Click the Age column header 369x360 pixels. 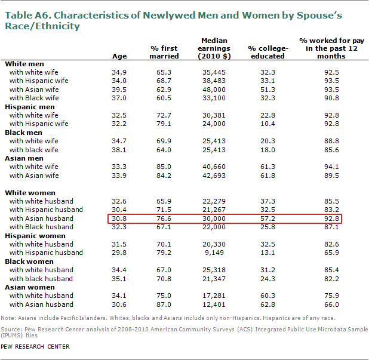tap(119, 56)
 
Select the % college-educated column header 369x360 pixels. tap(268, 52)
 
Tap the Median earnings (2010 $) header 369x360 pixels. tap(214, 48)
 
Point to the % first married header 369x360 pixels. tap(164, 52)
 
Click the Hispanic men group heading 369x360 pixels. tap(30, 107)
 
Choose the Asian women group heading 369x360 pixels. tap(30, 287)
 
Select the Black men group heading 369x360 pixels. tap(23, 133)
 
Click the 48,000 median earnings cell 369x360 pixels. tap(214, 90)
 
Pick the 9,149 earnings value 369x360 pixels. tap(214, 253)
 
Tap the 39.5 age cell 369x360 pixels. tap(119, 90)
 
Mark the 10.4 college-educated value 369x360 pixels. tap(267, 124)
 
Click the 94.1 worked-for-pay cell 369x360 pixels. tap(331, 167)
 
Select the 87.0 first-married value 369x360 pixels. tap(164, 304)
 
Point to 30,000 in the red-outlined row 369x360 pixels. tap(214, 219)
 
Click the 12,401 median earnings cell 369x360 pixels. tap(214, 304)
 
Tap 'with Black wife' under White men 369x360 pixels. tap(34, 98)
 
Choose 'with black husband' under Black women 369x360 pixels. tap(41, 279)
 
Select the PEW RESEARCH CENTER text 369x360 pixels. tap(35, 347)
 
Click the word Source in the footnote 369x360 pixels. tap(11, 329)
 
